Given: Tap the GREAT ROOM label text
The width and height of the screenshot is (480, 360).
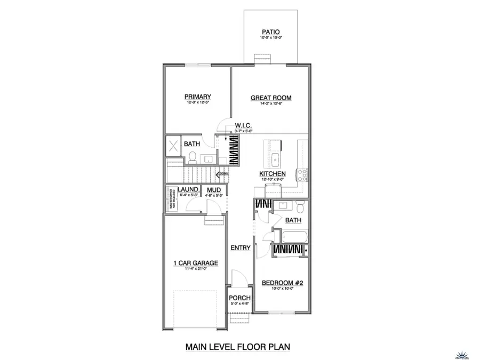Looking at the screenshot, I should pos(272,98).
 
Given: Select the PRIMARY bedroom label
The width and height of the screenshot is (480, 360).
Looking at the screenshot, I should pos(198,97).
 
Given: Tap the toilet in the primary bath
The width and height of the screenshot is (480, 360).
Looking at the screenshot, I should pos(191,157).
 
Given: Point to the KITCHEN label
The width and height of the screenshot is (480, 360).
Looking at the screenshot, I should pos(273,174).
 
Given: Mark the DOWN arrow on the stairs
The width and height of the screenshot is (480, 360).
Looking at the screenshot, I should pos(222,173).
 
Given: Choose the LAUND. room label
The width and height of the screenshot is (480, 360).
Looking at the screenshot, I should pos(189,190).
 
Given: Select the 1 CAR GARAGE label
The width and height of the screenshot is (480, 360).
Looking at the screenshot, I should pos(194,263).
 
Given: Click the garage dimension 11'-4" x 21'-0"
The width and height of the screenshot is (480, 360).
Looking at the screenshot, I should pos(194,269).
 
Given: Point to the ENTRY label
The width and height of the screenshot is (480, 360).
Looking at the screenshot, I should pos(241,248).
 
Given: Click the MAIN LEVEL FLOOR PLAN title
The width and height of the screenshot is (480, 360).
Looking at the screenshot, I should pos(237,347).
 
